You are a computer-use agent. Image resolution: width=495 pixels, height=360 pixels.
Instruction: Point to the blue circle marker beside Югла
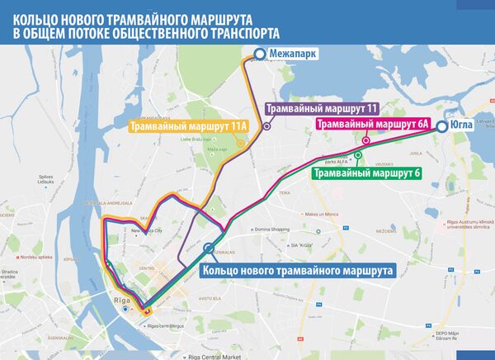(442, 126)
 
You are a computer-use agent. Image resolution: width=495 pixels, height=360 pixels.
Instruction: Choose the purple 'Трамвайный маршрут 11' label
(322, 108)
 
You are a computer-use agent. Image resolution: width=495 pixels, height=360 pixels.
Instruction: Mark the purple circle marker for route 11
(266, 126)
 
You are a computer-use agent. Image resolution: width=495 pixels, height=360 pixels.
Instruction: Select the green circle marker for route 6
(358, 154)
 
